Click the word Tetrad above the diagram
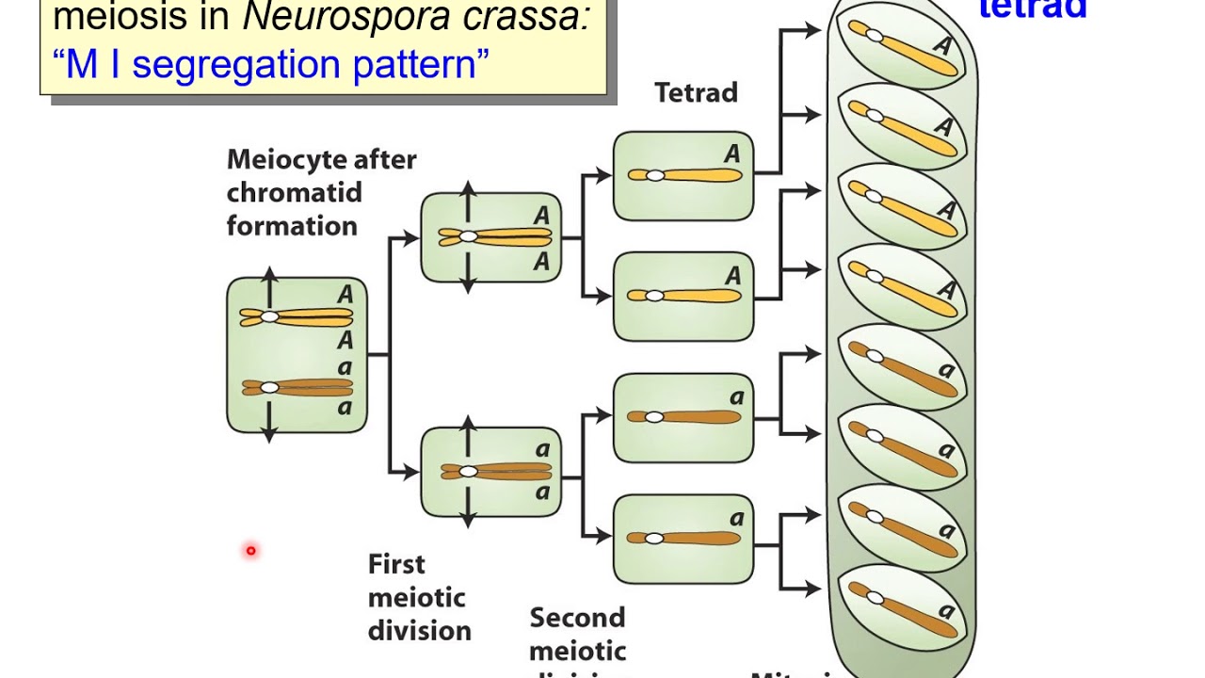696,92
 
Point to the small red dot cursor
251,551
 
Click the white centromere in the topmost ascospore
875,36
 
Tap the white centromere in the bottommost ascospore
875,597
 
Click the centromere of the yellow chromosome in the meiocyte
269,317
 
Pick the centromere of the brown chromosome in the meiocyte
269,387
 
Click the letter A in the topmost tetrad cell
732,154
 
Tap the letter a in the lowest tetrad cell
736,518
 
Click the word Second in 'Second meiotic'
577,618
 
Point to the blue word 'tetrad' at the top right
1033,9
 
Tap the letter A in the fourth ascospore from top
945,289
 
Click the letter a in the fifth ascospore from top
946,370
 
